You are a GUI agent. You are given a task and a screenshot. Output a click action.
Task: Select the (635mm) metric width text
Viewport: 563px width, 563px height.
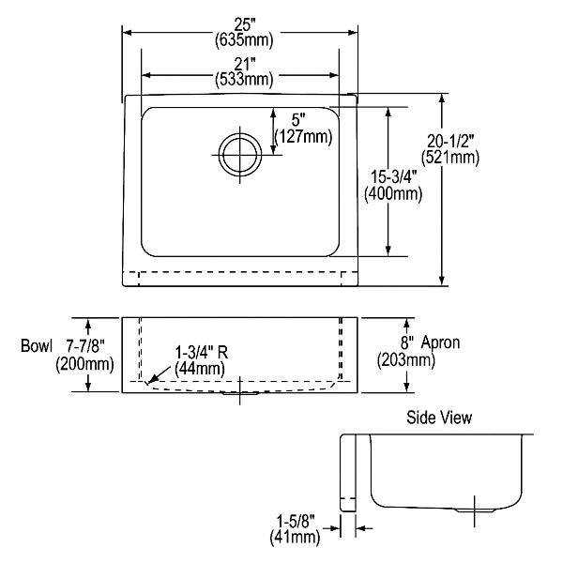(240, 40)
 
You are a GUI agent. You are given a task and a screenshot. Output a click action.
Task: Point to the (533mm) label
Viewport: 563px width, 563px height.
(240, 80)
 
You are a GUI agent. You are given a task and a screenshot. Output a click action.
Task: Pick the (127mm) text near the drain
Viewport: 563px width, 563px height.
(303, 137)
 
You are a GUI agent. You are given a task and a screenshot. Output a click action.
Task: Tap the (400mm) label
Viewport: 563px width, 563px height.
(392, 194)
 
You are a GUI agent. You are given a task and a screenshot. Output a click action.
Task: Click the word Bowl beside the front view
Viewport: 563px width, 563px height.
(36, 345)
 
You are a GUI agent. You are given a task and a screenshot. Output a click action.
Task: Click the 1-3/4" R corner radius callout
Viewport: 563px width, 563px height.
(200, 353)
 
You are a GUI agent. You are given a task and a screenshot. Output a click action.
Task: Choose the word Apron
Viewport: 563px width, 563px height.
(441, 342)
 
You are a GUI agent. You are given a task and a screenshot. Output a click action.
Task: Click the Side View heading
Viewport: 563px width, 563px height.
(438, 417)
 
